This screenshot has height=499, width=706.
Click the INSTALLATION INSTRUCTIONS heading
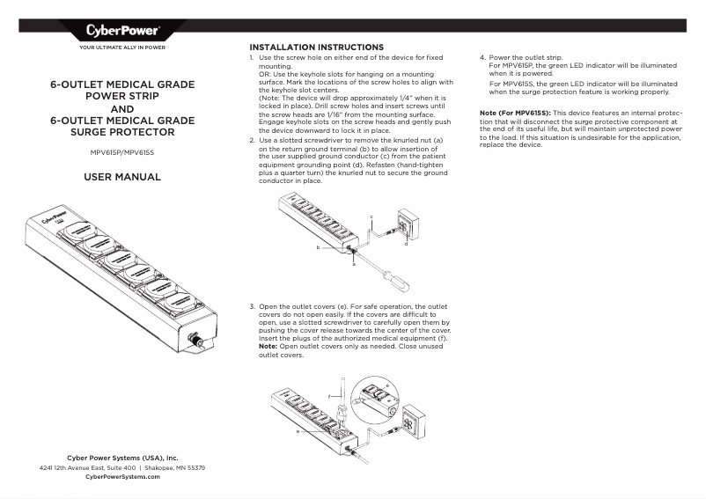316,47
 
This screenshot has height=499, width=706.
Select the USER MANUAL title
121,177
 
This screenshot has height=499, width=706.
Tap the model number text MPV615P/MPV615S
121,151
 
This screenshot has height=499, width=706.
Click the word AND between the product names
121,110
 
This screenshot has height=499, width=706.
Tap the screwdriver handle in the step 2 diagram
396,284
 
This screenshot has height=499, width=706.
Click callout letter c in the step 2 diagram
371,216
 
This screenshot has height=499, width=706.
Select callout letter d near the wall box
406,244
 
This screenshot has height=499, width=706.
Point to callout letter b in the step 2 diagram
318,249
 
